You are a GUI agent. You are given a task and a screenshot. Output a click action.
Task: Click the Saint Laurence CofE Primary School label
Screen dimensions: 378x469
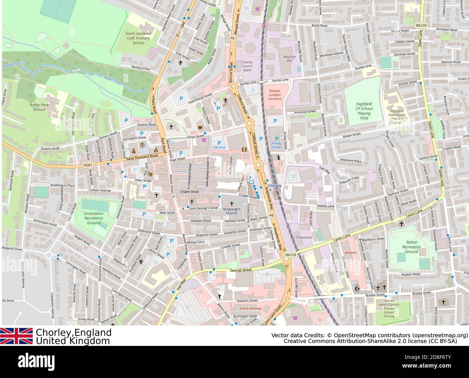(138, 38)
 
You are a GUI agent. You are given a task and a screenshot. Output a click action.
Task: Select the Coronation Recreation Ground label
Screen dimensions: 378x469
(93, 218)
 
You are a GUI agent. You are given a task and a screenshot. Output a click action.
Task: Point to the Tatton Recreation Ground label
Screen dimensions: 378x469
(411, 247)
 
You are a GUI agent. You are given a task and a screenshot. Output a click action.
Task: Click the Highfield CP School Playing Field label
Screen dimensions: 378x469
(364, 111)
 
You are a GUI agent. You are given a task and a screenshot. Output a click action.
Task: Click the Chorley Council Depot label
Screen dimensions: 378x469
(247, 66)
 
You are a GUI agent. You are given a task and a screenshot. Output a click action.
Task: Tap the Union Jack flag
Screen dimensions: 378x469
(16, 336)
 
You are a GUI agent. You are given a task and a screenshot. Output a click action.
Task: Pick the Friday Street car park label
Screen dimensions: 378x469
(276, 145)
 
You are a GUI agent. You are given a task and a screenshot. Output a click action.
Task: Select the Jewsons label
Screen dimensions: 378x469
(350, 252)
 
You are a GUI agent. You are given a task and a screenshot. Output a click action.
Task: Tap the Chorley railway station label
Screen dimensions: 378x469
(275, 186)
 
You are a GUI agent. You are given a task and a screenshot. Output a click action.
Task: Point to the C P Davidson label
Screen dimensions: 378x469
(302, 237)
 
